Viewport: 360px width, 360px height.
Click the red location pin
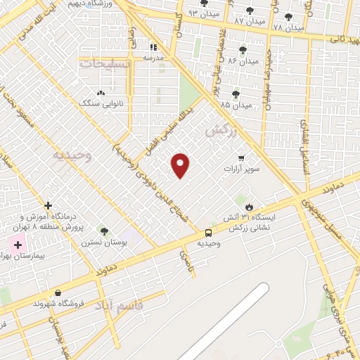(x=181, y=165)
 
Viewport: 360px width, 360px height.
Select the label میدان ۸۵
(x=236, y=105)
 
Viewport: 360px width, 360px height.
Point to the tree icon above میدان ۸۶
(x=243, y=50)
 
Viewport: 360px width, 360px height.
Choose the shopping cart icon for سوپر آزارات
(x=242, y=158)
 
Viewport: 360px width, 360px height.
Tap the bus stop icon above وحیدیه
(x=208, y=233)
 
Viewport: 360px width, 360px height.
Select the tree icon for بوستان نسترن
(x=104, y=231)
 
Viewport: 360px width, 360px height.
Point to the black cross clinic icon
(x=48, y=206)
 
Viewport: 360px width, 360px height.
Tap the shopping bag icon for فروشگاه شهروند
(x=58, y=293)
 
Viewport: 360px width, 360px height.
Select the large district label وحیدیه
(x=75, y=153)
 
